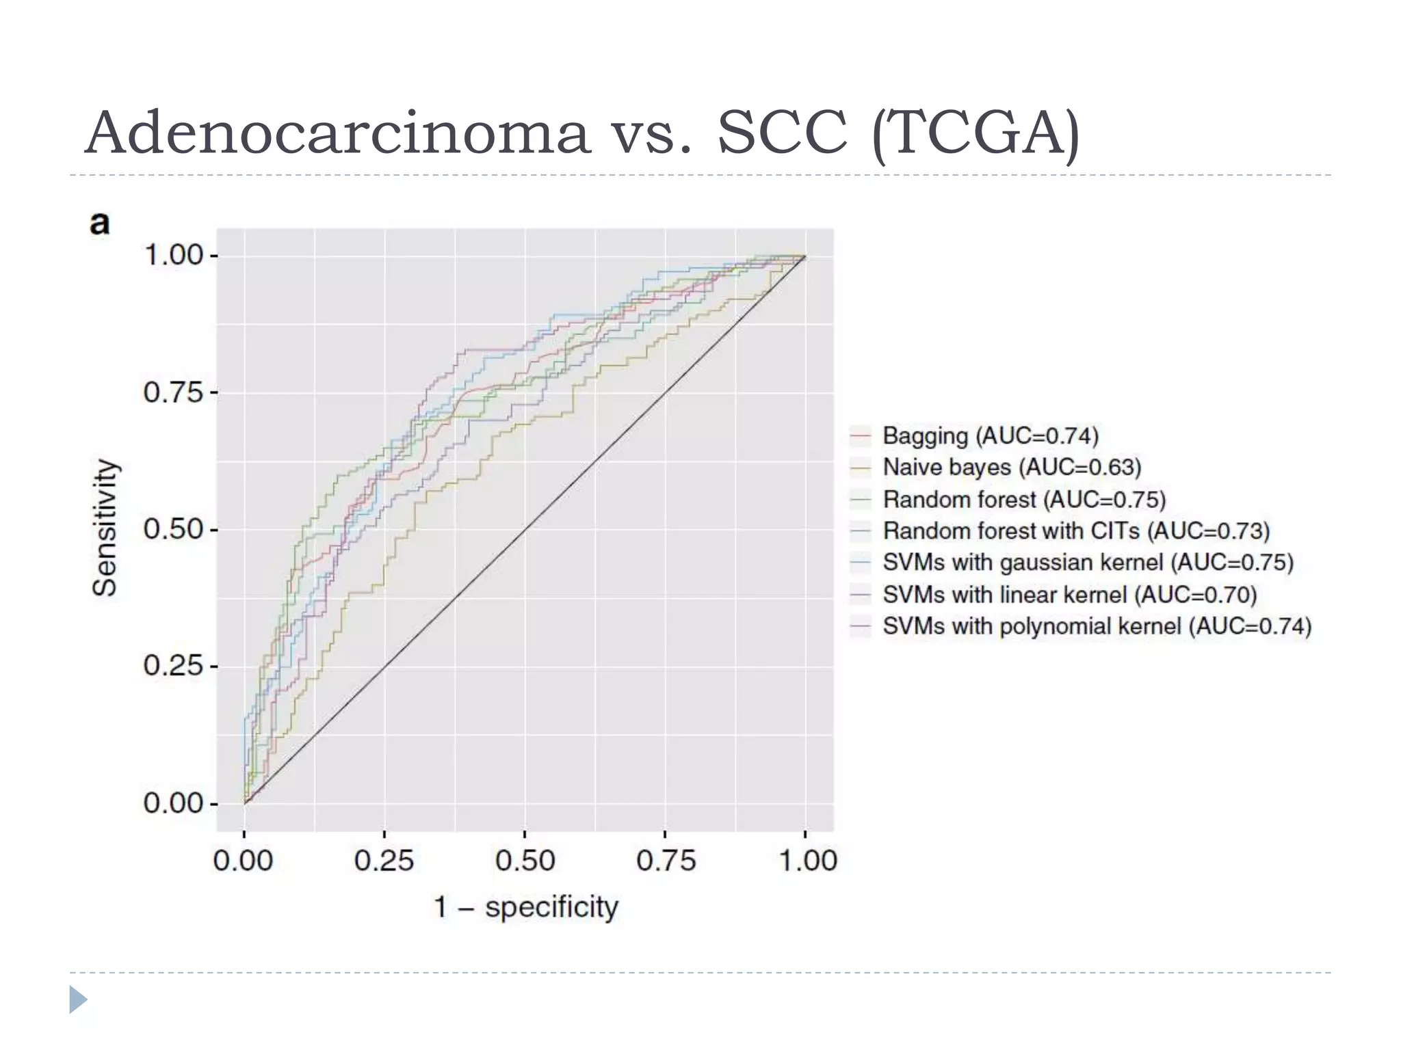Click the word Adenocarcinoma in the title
[337, 133]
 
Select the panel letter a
[100, 224]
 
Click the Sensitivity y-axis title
[105, 528]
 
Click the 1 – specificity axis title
[525, 908]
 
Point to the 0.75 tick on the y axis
[173, 393]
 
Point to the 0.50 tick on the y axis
[173, 530]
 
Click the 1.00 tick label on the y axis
[173, 256]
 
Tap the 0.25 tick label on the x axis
[384, 861]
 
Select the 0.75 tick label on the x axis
[666, 861]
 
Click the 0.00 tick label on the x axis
[244, 861]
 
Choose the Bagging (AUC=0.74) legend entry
[990, 435]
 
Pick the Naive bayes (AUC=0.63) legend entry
[1011, 468]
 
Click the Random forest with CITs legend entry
[1075, 531]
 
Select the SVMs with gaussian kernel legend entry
[1088, 563]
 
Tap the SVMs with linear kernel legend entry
[1069, 595]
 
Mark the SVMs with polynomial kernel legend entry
[1097, 626]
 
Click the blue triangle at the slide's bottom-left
[78, 999]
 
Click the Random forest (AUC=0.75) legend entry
[1023, 500]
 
